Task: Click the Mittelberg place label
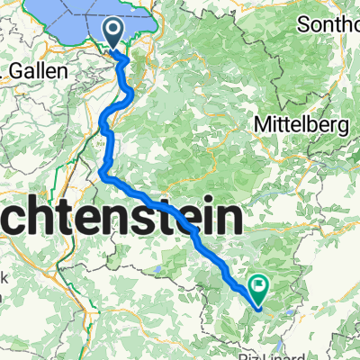tap(302, 124)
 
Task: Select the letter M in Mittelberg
tap(264, 124)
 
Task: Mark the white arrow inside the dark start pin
tap(116, 31)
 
